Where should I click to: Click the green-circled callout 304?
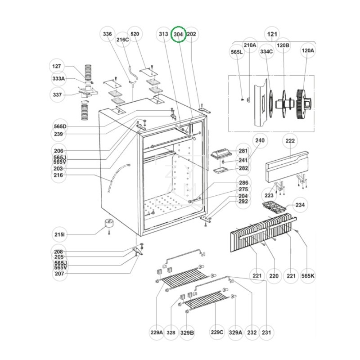point(179,34)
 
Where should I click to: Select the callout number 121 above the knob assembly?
point(272,34)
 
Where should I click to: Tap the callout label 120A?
point(308,51)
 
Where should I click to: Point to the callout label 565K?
point(308,275)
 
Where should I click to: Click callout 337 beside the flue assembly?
point(57,94)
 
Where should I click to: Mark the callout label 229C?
point(217,333)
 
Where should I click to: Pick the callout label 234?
point(300,205)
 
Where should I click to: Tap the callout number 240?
point(260,141)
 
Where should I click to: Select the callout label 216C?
point(123,40)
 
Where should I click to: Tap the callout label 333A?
point(59,79)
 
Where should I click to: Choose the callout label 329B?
point(187,333)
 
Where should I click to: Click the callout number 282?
point(243,168)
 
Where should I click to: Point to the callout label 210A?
point(250,45)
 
